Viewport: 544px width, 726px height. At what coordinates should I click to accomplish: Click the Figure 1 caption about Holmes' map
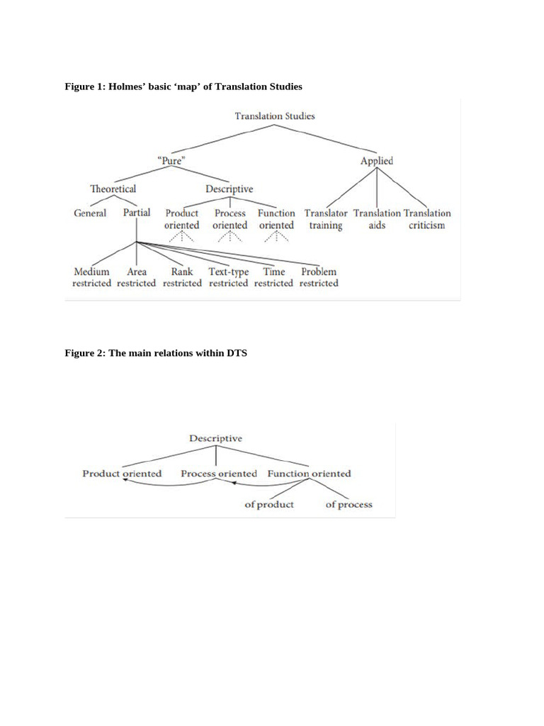click(183, 86)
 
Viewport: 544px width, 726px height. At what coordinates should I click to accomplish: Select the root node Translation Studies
click(275, 116)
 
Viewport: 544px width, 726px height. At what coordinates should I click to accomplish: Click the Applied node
click(376, 161)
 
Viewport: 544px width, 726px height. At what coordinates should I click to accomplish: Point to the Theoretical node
click(113, 189)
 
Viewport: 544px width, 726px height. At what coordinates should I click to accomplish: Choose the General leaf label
click(90, 213)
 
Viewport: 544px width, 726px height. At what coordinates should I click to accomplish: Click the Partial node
click(137, 213)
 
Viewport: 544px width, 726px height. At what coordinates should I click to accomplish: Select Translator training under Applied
click(326, 219)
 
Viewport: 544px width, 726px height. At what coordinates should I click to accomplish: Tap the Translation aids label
click(377, 219)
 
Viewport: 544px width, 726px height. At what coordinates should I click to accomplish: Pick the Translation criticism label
click(427, 219)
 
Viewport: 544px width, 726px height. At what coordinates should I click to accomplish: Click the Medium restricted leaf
click(91, 277)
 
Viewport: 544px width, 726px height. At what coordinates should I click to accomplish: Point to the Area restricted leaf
click(136, 277)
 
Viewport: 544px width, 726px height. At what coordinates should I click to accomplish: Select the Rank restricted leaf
click(182, 277)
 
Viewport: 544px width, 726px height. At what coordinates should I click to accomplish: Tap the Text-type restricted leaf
click(228, 277)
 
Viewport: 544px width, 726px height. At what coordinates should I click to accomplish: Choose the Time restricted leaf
click(273, 277)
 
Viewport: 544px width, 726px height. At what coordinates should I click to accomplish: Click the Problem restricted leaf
click(319, 277)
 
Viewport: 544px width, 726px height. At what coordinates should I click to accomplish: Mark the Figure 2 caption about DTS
click(156, 353)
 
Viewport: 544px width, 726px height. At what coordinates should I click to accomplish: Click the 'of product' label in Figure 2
click(269, 505)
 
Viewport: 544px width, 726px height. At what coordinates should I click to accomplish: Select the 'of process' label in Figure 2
click(348, 505)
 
